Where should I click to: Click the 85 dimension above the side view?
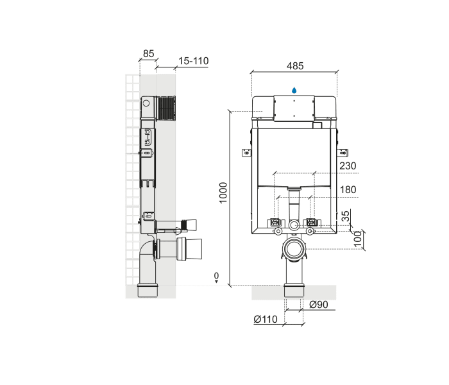coord(149,54)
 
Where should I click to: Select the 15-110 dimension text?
coord(193,61)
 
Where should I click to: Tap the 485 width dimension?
coord(295,65)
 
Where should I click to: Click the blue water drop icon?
coord(294,90)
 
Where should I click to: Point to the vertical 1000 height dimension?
coord(223,193)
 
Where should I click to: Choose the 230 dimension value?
coord(348,166)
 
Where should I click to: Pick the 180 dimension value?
coord(348,190)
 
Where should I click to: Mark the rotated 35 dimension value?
coord(347,217)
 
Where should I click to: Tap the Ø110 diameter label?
coord(265,319)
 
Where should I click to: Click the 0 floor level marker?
coord(216,276)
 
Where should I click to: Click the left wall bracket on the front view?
coord(246,152)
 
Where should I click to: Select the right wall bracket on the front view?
coord(343,152)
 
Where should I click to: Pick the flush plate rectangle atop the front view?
coord(294,107)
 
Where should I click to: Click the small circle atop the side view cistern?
coord(146,103)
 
